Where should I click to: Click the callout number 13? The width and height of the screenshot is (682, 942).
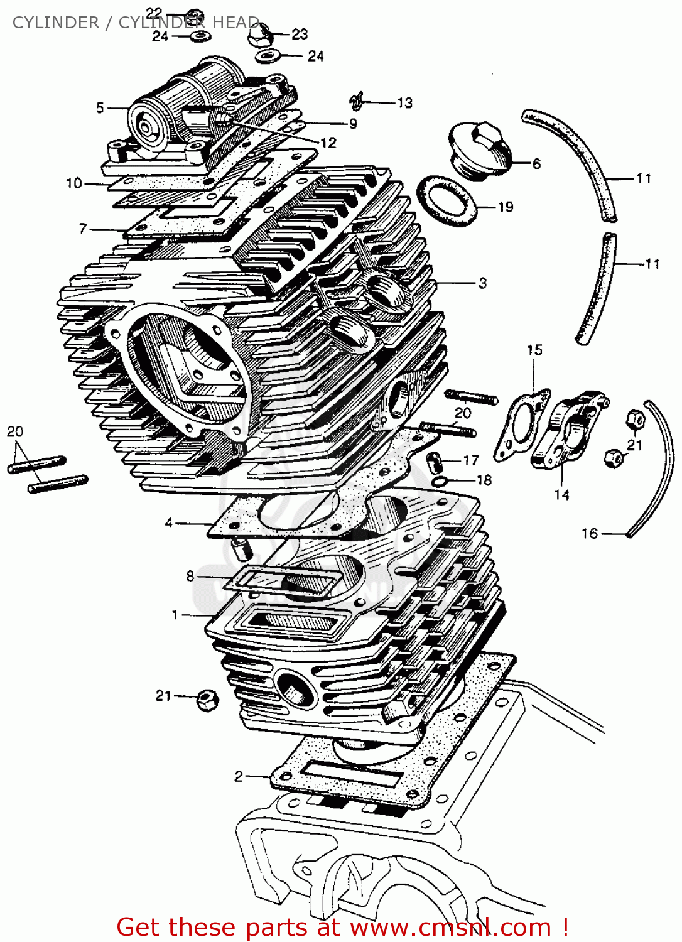pos(404,102)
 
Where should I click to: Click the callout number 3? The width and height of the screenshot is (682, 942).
pos(482,283)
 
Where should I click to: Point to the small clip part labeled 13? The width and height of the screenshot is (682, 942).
pos(357,99)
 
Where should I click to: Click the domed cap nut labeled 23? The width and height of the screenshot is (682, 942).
pos(259,34)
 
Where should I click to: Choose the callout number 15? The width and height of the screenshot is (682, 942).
pos(534,350)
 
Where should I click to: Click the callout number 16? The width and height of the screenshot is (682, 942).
pos(589,533)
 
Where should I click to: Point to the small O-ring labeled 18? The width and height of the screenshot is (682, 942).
pos(441,481)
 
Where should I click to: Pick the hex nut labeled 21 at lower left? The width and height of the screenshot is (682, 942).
pos(207,699)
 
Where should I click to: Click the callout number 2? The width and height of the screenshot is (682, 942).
pos(238,776)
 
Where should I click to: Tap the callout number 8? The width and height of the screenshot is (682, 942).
pos(190,575)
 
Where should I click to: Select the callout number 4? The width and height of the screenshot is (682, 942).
pos(168,522)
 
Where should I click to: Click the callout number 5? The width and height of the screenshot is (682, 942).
pos(99,108)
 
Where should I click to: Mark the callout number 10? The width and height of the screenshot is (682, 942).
pos(74,183)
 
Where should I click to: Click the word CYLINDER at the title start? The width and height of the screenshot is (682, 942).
pos(56,23)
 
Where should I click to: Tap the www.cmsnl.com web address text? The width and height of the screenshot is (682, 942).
pos(448,927)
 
